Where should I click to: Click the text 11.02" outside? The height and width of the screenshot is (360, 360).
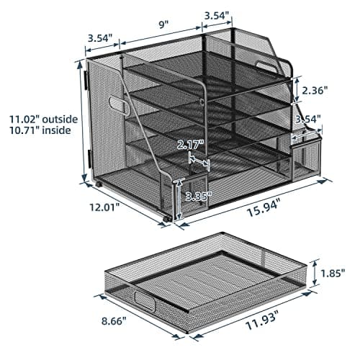coord(36,119)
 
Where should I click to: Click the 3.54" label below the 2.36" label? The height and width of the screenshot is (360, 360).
coord(307,118)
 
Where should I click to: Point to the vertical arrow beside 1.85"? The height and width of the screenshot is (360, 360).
coord(315,274)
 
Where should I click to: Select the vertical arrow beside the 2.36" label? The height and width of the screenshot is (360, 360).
coord(296,90)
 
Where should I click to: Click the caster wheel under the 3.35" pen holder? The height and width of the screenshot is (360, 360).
coord(168,217)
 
